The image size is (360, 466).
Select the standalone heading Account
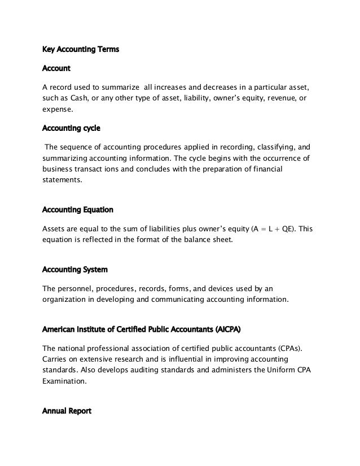56,68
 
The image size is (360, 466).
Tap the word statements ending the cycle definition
62,181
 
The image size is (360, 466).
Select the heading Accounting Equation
78,210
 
